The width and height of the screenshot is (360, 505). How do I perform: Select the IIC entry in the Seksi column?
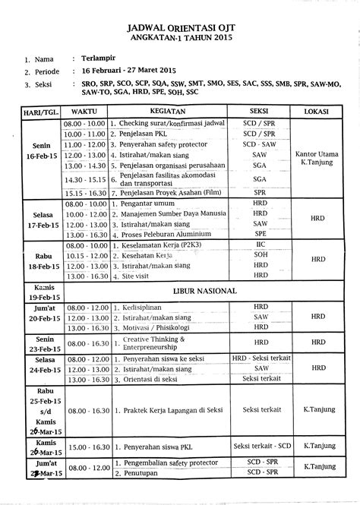point(261,247)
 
